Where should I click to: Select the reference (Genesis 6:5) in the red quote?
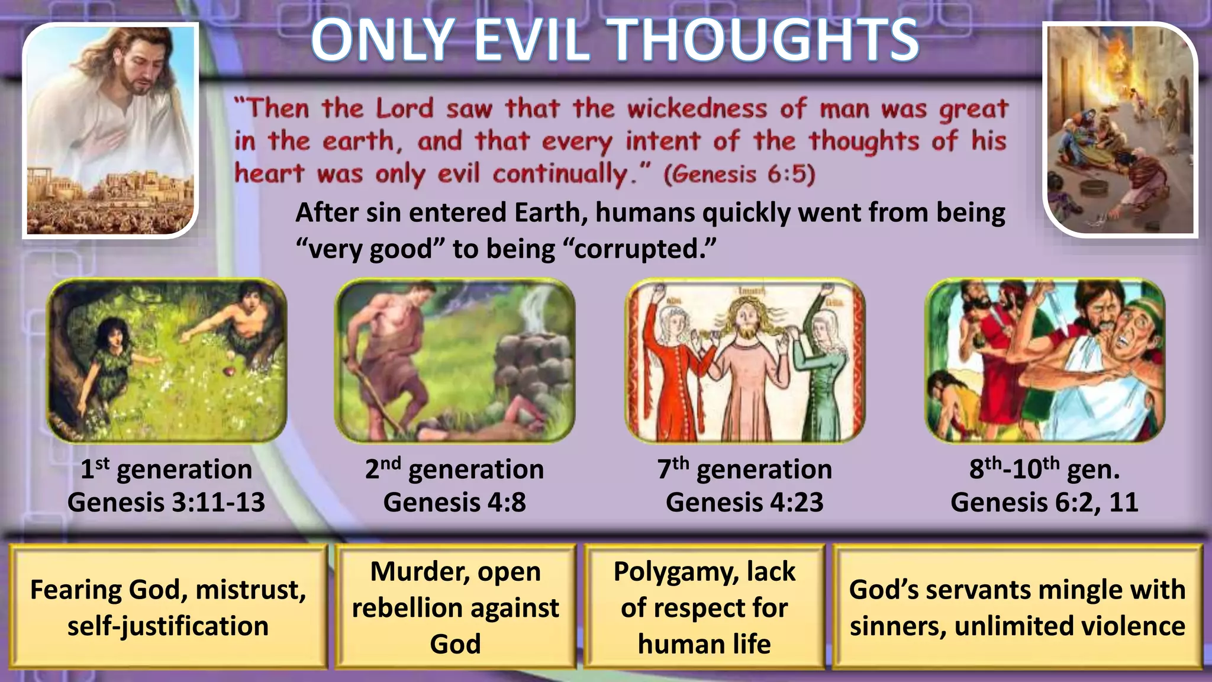(739, 175)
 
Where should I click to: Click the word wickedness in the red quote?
(697, 109)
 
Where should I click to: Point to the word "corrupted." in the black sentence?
(645, 249)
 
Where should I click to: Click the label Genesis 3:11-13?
(166, 503)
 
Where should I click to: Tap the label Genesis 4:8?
(454, 503)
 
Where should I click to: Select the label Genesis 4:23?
(744, 503)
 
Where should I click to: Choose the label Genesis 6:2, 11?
(1045, 503)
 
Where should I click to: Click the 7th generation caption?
(744, 469)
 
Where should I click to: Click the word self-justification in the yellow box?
(168, 626)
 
